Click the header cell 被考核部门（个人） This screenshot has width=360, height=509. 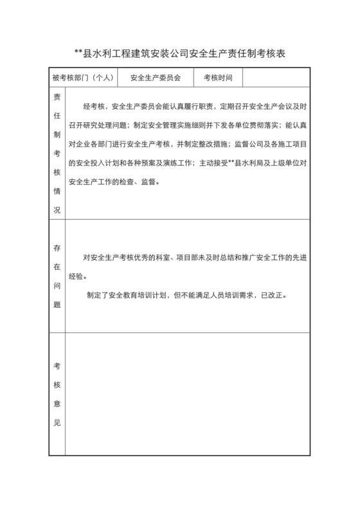coord(83,78)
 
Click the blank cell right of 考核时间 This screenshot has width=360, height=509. coord(276,78)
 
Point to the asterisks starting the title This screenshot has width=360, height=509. coord(78,55)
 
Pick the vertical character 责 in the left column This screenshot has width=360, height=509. coord(57,98)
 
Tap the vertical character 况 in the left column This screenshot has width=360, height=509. coord(57,210)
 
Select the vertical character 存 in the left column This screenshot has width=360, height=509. coord(57,247)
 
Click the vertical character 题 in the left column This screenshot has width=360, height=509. coord(57,305)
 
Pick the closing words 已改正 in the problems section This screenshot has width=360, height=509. coord(275,296)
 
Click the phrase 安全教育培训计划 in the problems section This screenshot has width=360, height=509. coord(140,296)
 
